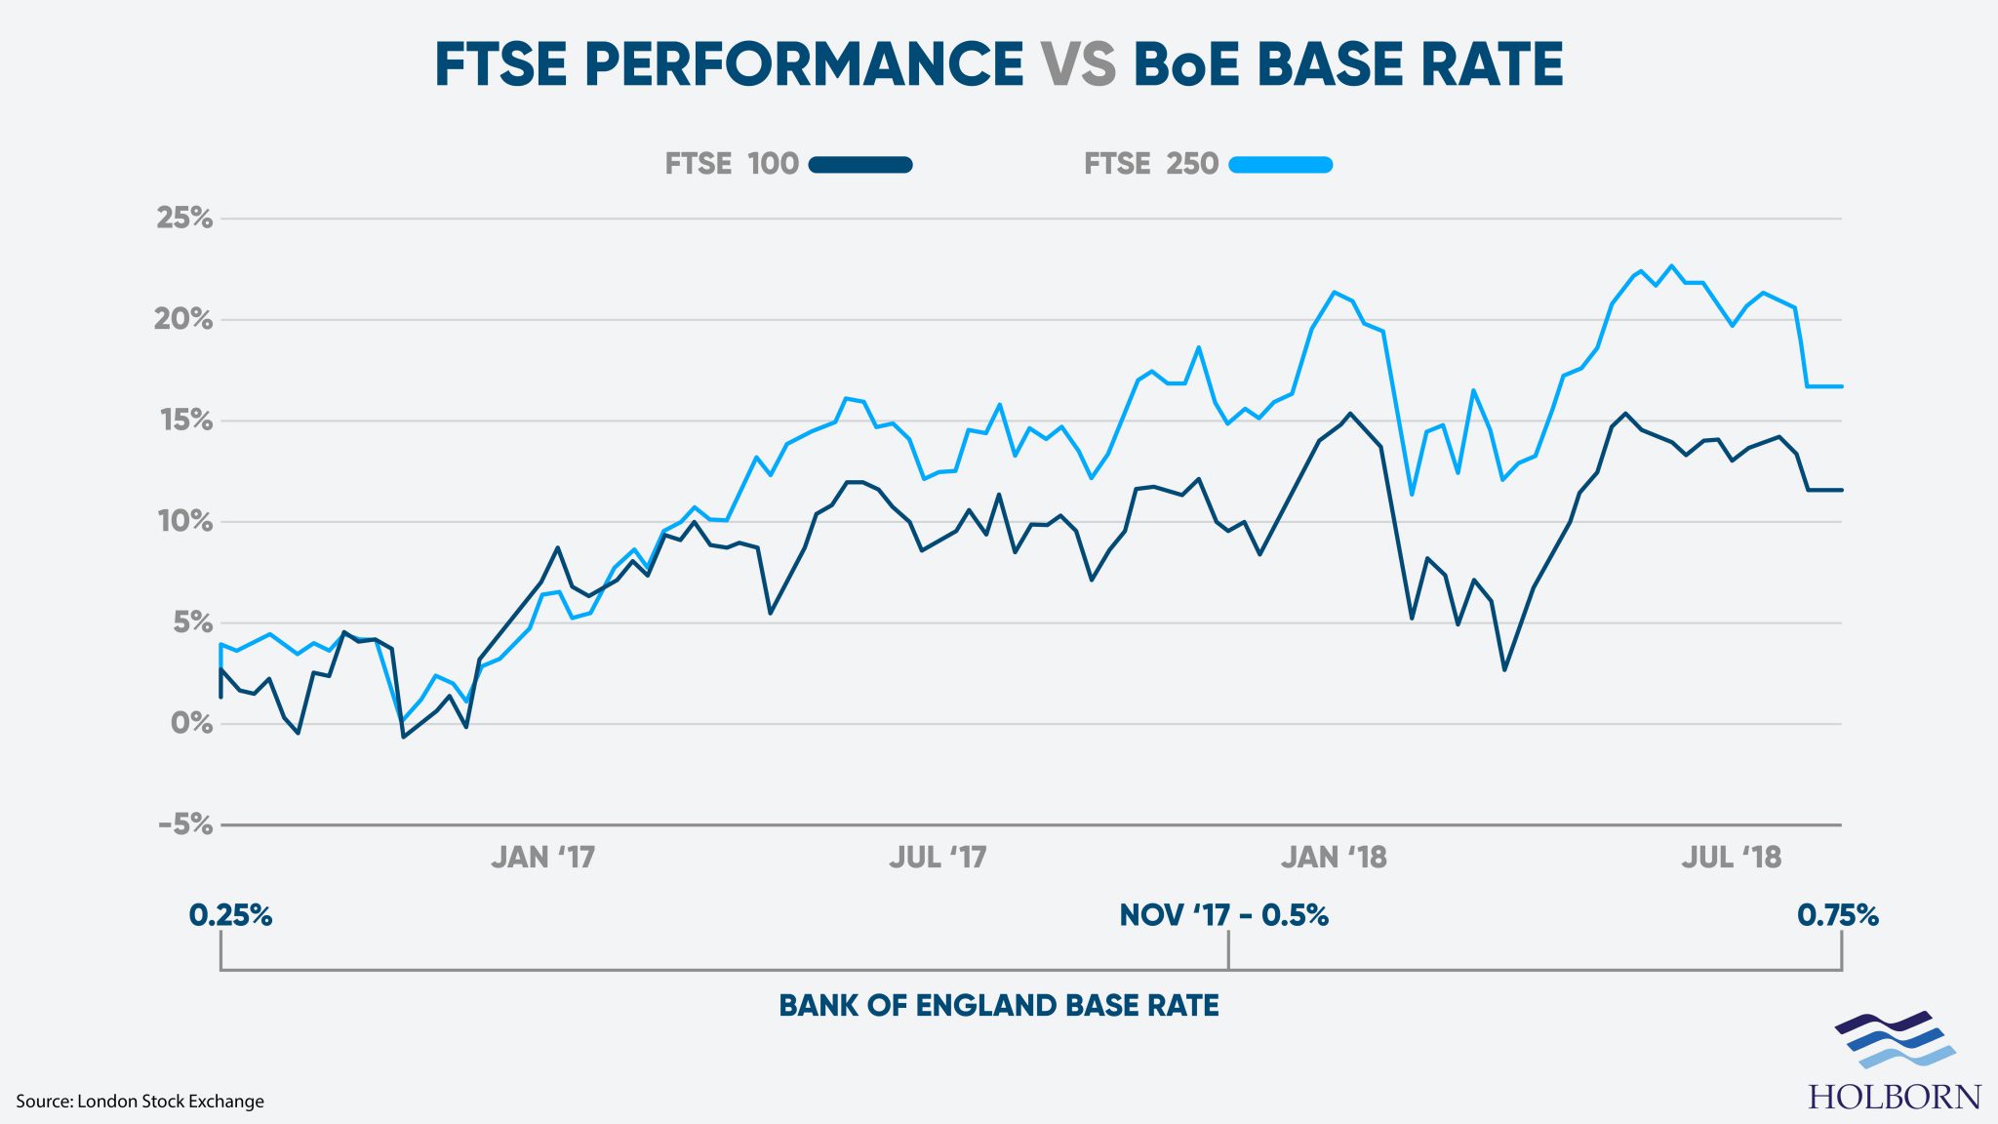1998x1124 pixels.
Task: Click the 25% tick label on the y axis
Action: click(184, 218)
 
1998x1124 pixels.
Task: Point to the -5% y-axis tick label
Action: click(185, 824)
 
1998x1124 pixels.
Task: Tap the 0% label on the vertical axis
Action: click(191, 723)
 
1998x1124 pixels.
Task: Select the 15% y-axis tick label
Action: click(185, 420)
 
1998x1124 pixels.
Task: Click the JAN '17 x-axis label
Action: click(542, 858)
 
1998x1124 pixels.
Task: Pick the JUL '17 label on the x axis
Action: click(938, 858)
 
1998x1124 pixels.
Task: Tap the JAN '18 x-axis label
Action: click(1334, 858)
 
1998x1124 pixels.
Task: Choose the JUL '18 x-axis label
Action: click(1731, 858)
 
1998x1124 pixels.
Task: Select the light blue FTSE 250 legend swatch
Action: click(1280, 165)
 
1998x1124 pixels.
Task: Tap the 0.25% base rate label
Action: click(230, 915)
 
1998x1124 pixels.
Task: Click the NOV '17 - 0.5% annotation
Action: click(1223, 915)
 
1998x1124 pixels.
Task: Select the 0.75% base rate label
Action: click(1837, 915)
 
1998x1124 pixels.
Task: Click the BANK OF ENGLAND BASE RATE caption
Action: click(998, 1006)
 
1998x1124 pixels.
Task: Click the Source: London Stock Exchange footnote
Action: click(140, 1102)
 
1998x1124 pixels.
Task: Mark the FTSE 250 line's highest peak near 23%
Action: click(1671, 265)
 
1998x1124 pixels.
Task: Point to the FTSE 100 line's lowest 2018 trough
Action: click(1504, 669)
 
